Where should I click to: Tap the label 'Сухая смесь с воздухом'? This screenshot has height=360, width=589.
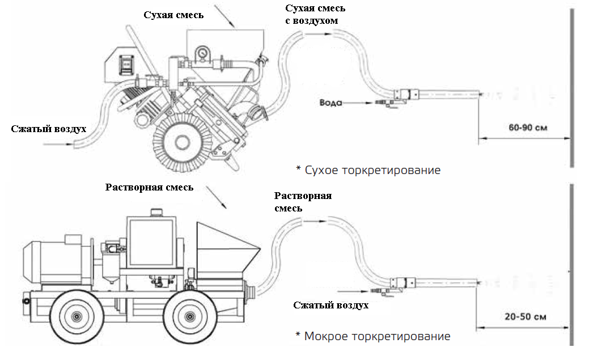point(315,15)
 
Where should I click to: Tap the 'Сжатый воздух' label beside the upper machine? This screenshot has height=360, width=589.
point(49,129)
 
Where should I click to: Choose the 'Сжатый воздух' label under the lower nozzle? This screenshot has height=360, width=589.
point(331,305)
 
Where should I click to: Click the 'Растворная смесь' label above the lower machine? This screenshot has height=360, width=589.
point(149,187)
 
